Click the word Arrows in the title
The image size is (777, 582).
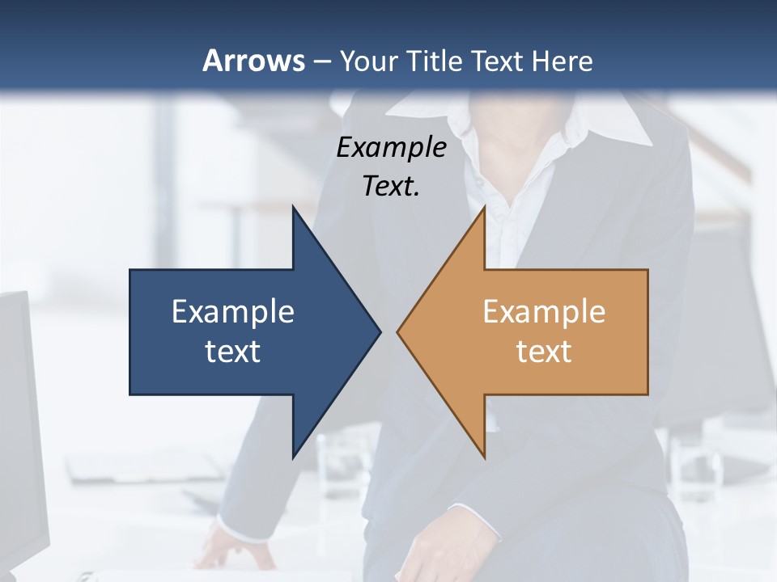[x=253, y=61]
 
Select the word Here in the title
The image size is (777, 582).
[x=563, y=61]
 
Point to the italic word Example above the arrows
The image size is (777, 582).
[x=391, y=148]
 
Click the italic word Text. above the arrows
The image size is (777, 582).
[x=391, y=187]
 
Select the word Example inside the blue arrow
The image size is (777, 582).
[x=233, y=312]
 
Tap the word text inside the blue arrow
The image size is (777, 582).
[x=233, y=352]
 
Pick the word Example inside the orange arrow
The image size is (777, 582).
[x=544, y=312]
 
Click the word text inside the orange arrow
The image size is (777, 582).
[x=544, y=352]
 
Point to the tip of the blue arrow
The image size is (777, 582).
[x=380, y=331]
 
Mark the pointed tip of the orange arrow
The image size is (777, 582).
[x=397, y=331]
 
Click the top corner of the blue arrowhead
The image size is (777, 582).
[x=293, y=206]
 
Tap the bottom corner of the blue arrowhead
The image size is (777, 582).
[x=293, y=458]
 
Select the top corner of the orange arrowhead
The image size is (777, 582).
[x=484, y=206]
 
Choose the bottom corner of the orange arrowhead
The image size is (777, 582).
[x=484, y=458]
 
